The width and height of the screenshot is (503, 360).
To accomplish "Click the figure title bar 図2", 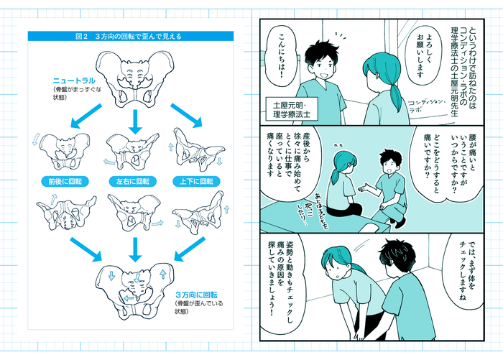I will tap(134, 35).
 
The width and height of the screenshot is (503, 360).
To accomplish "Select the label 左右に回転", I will tap(134, 181).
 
